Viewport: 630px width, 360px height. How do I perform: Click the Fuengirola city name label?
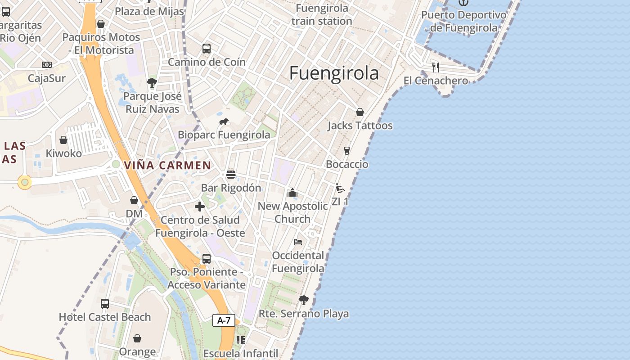[334, 73]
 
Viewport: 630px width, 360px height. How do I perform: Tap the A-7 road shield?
[224, 320]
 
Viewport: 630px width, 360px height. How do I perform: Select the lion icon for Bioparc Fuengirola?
[224, 121]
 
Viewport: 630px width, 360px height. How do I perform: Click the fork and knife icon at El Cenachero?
[435, 67]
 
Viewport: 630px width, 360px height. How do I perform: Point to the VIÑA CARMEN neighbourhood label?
[167, 165]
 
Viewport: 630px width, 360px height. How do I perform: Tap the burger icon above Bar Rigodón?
[231, 175]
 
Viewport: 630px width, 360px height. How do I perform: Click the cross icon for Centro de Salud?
[200, 207]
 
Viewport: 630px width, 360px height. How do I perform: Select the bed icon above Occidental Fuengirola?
[298, 242]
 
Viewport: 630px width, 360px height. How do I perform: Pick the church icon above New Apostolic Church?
[292, 193]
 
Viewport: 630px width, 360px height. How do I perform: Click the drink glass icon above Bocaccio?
[346, 151]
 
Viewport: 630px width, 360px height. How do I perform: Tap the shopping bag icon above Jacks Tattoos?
[360, 112]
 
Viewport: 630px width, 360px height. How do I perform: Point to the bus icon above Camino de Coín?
[207, 49]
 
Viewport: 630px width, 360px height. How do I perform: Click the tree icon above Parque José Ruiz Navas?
[152, 82]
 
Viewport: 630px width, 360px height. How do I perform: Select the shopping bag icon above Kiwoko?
[63, 140]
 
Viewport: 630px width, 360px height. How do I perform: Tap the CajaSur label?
[47, 78]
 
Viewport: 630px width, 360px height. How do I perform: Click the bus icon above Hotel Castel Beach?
[105, 304]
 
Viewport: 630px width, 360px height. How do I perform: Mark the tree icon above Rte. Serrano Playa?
[304, 300]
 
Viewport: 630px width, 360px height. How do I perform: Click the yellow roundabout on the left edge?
[25, 182]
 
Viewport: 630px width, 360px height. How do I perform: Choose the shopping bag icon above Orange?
[137, 338]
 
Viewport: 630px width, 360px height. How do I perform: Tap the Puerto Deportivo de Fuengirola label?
[463, 21]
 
